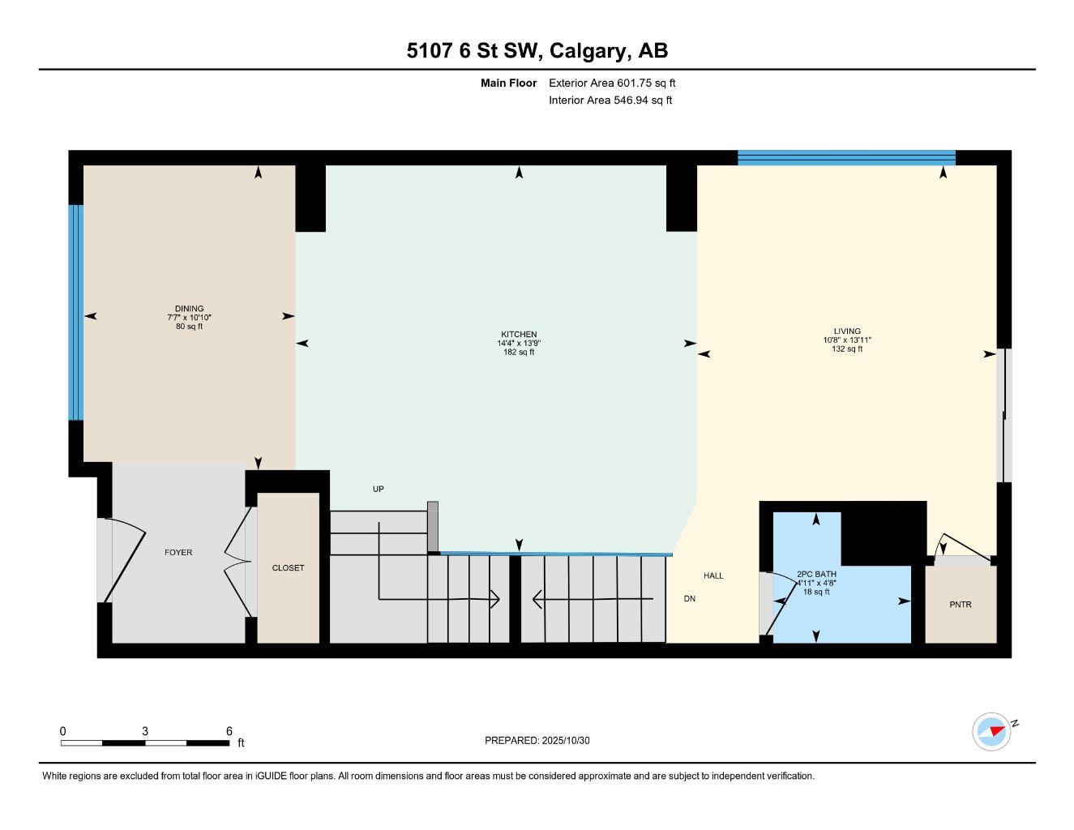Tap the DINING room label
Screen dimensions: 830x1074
pos(189,309)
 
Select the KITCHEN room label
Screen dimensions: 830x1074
pos(519,335)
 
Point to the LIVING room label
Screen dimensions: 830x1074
pos(847,332)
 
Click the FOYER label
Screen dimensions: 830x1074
pos(178,553)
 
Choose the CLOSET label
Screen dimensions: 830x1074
pos(288,568)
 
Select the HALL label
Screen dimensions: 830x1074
pos(713,575)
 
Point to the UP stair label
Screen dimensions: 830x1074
pos(378,489)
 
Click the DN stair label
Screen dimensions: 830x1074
pos(690,599)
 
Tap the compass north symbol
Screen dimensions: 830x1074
pos(991,731)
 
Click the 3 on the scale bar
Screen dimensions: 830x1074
pos(145,731)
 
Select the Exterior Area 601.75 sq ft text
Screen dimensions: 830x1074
pos(612,83)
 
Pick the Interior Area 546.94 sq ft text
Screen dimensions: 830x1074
pos(610,101)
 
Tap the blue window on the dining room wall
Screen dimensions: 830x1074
pos(75,312)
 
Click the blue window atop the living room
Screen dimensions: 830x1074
pos(846,157)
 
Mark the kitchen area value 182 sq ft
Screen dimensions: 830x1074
pos(519,353)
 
